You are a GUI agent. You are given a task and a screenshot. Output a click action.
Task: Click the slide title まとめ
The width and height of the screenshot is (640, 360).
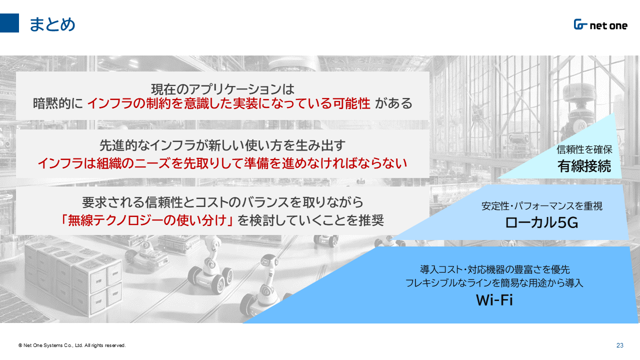(52, 24)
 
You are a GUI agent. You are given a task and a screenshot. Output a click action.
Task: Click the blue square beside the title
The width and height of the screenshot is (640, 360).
(9, 23)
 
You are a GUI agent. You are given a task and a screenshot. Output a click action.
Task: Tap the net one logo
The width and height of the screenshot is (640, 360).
(600, 25)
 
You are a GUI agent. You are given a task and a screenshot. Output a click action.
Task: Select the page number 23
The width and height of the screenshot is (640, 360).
(619, 345)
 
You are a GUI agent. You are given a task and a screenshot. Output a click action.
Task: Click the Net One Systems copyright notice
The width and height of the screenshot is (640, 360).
(72, 345)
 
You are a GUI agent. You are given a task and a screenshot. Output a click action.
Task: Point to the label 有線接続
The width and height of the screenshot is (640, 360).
(584, 166)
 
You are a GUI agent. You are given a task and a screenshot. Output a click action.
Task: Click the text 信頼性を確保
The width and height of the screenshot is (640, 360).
(584, 149)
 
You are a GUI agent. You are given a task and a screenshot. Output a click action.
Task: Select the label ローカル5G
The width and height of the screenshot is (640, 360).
(541, 222)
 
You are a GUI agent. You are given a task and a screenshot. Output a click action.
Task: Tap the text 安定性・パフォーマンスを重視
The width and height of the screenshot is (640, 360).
(542, 206)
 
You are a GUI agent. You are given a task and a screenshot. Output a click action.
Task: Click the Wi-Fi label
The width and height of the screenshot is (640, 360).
(494, 300)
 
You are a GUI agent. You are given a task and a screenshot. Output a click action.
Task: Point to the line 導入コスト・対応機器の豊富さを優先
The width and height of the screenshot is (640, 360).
(495, 269)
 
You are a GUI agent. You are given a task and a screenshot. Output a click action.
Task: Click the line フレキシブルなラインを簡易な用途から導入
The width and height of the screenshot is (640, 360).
(494, 283)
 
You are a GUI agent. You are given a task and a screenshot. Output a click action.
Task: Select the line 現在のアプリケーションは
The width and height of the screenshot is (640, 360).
(222, 89)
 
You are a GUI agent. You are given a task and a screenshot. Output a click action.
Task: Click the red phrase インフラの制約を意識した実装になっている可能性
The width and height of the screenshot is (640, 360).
(228, 103)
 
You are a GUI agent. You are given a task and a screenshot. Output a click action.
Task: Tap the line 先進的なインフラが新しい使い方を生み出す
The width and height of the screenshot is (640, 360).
(222, 145)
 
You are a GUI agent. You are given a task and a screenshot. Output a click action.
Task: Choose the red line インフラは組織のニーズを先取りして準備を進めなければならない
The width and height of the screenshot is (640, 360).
(222, 163)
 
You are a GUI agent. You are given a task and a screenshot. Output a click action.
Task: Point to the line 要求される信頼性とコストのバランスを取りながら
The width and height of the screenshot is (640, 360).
(222, 202)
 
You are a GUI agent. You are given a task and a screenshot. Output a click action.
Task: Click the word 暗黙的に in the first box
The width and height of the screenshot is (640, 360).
(58, 103)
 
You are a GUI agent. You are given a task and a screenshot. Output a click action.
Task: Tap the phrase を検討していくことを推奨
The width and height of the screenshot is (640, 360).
(311, 220)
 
